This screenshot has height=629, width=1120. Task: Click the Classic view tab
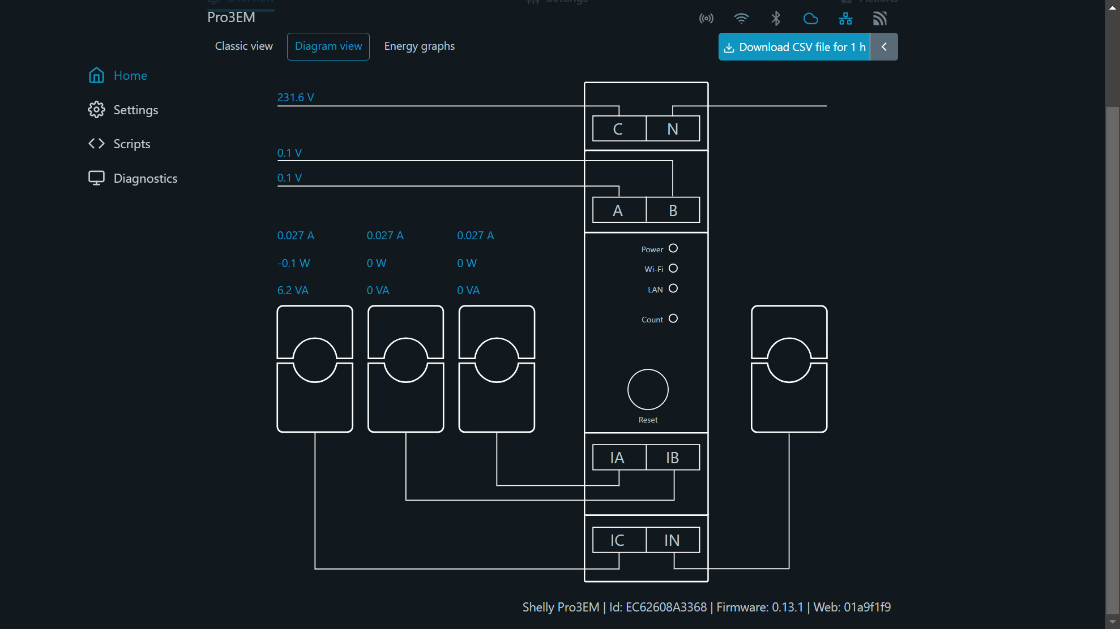pyautogui.click(x=243, y=46)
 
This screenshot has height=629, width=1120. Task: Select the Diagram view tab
pyautogui.click(x=328, y=46)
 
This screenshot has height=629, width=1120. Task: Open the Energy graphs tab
pyautogui.click(x=419, y=46)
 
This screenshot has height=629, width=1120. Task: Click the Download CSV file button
pyautogui.click(x=794, y=47)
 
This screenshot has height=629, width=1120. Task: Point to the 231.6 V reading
pyautogui.click(x=295, y=97)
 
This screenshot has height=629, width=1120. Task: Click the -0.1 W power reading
pyautogui.click(x=293, y=263)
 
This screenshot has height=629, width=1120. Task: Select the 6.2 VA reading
pyautogui.click(x=293, y=290)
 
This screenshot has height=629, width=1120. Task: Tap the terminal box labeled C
pyautogui.click(x=618, y=129)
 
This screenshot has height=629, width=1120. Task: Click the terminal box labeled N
pyautogui.click(x=672, y=129)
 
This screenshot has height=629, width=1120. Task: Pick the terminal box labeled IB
pyautogui.click(x=672, y=458)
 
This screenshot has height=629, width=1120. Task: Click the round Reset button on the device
pyautogui.click(x=648, y=390)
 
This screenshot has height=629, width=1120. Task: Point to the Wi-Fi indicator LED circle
pyautogui.click(x=673, y=268)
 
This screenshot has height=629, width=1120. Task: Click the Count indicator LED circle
pyautogui.click(x=673, y=318)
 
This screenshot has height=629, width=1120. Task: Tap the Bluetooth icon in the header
pyautogui.click(x=776, y=19)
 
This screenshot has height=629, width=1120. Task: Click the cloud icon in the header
pyautogui.click(x=811, y=19)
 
